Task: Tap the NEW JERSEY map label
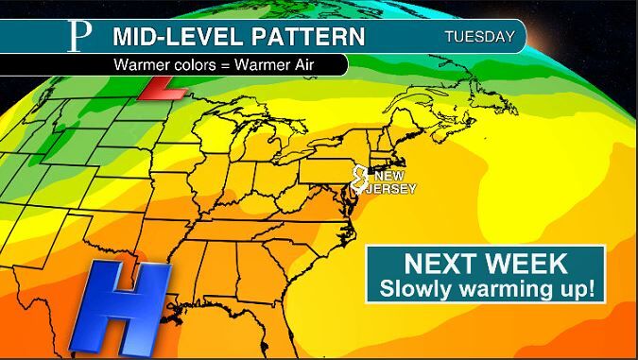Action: (x=395, y=181)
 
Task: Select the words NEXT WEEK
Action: (x=484, y=264)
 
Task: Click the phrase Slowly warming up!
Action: (x=486, y=288)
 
